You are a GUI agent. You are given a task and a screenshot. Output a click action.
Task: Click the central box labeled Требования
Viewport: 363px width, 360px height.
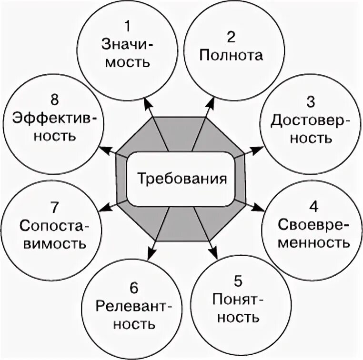pos(181,179)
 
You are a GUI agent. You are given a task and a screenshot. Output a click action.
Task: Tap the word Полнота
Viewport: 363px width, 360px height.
pos(232,56)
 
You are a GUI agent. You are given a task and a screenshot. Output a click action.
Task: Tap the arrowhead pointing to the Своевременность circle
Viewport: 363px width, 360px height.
pos(258,209)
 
